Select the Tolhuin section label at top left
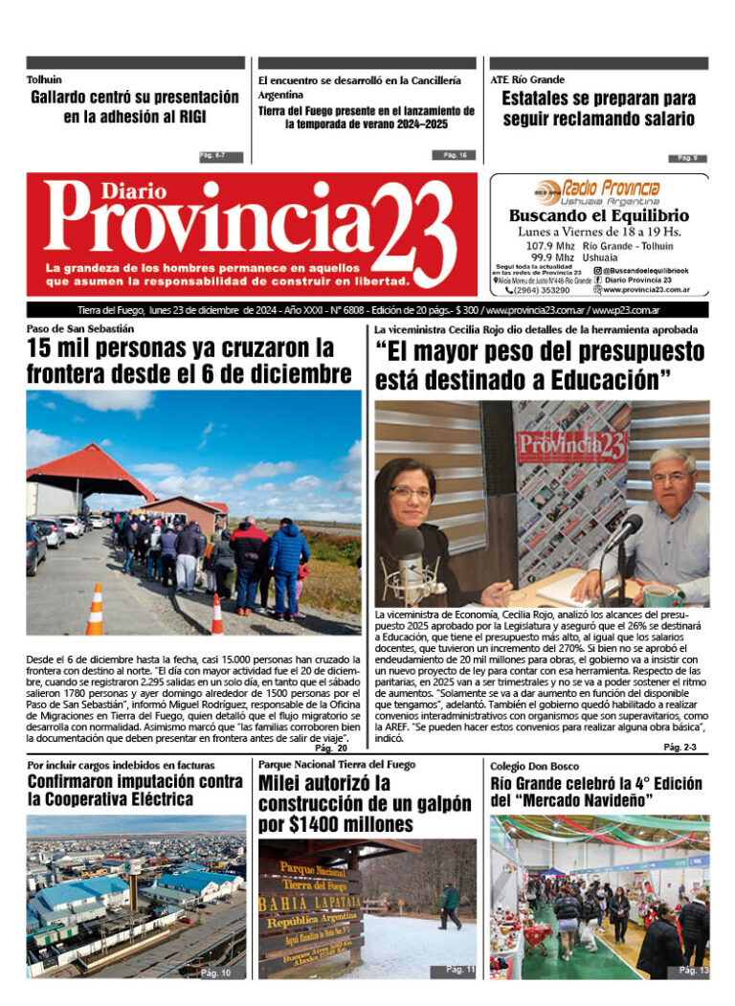click(44, 80)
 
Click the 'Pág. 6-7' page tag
click(220, 156)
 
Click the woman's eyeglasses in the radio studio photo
click(412, 492)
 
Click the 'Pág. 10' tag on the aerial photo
click(215, 972)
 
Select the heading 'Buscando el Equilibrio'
click(598, 216)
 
